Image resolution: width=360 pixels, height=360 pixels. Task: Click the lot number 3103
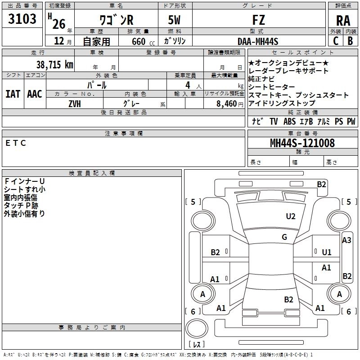[22, 20]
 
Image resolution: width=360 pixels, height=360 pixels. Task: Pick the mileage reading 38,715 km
[54, 64]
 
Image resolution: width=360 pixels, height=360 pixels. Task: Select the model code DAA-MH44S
[258, 41]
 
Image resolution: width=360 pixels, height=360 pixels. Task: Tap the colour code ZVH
[75, 104]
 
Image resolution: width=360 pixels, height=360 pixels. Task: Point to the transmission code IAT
[13, 94]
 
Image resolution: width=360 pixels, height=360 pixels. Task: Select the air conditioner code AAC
[35, 94]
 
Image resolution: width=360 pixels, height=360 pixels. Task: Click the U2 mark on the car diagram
[291, 216]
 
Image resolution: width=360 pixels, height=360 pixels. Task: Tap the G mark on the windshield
[284, 237]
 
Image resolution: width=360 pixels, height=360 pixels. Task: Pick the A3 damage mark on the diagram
[346, 240]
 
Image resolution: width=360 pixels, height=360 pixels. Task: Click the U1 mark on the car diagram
[327, 252]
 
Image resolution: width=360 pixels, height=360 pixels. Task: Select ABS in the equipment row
[289, 121]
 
